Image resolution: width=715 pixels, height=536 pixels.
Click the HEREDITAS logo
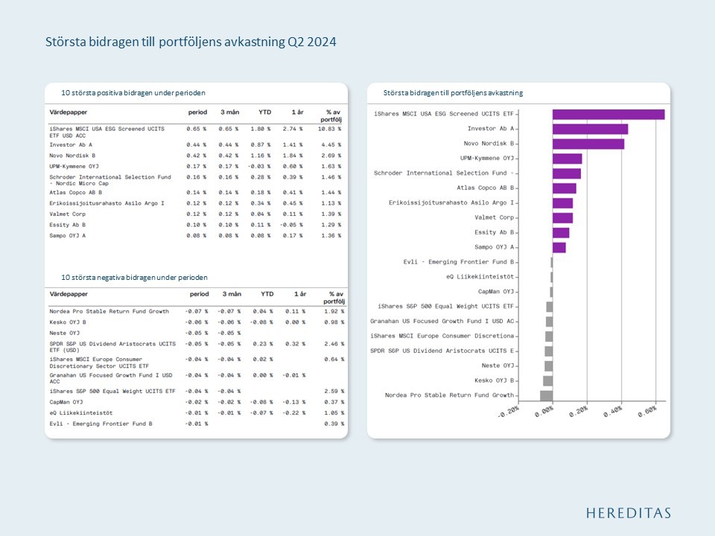pos(628,513)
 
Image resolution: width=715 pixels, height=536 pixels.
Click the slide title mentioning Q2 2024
pos(191,42)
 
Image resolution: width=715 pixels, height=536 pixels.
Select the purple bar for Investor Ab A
pos(590,129)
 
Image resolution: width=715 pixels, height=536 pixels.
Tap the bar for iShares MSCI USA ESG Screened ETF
pos(608,114)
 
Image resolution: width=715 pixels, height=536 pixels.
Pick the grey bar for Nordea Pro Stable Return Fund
pos(546,395)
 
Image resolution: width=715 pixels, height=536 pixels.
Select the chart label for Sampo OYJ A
pos(495,247)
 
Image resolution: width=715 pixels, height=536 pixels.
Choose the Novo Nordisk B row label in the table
pos(72,156)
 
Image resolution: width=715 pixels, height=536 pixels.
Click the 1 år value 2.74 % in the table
pos(293,129)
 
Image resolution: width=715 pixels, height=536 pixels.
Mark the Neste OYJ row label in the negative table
pos(64,333)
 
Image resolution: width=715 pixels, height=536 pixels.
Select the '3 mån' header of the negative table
pos(230,294)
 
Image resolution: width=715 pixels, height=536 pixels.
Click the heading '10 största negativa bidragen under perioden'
pos(135,277)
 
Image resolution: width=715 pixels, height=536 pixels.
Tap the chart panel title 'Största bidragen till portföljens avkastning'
pos(453,93)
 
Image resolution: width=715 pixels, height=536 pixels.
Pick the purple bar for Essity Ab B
pos(561,232)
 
